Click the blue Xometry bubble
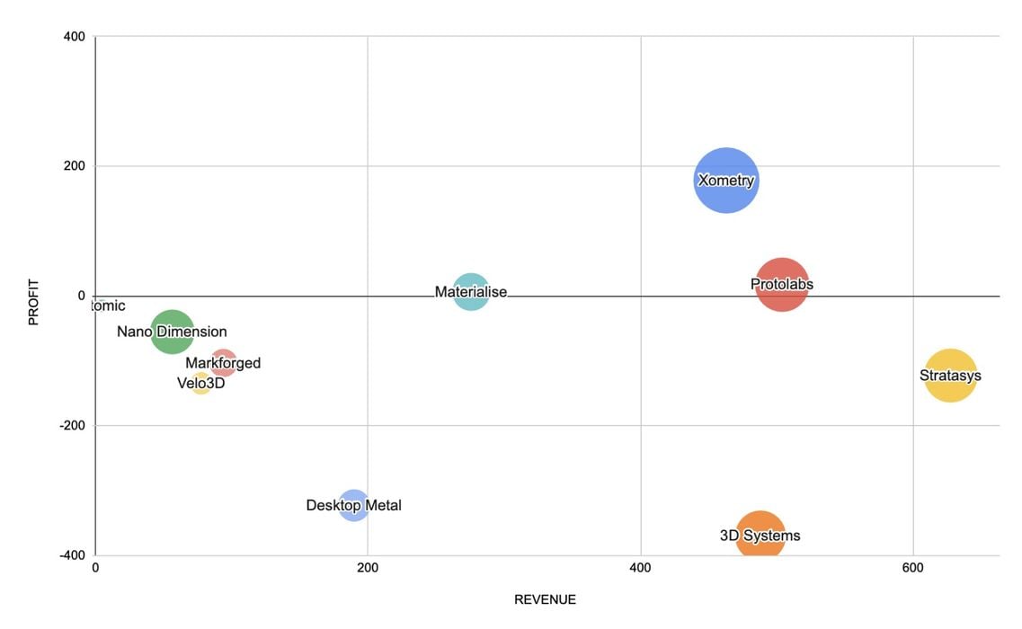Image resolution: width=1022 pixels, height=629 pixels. (x=726, y=180)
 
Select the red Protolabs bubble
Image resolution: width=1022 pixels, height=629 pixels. (x=782, y=284)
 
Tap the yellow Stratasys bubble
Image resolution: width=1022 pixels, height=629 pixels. (x=950, y=376)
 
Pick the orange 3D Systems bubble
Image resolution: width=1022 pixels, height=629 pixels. (x=760, y=536)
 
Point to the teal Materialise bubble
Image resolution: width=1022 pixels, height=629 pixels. (x=471, y=292)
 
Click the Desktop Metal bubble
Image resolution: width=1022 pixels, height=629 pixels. (x=354, y=505)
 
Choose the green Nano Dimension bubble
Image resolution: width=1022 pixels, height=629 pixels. (x=172, y=332)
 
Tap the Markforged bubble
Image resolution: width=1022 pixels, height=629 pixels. (x=224, y=363)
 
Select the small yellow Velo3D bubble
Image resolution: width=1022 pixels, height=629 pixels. (x=201, y=384)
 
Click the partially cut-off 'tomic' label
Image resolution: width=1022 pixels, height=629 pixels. (x=108, y=306)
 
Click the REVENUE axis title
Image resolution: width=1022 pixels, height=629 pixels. (x=545, y=599)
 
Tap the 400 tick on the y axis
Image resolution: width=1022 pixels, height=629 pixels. (x=74, y=37)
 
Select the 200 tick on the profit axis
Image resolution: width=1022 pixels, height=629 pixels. (x=74, y=166)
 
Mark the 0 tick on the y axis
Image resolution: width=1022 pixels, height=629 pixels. (x=81, y=296)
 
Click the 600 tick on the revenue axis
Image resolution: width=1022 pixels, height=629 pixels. (x=912, y=568)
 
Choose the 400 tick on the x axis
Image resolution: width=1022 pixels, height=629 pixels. (x=640, y=568)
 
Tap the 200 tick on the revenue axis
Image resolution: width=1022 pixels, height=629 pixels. (x=367, y=568)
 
